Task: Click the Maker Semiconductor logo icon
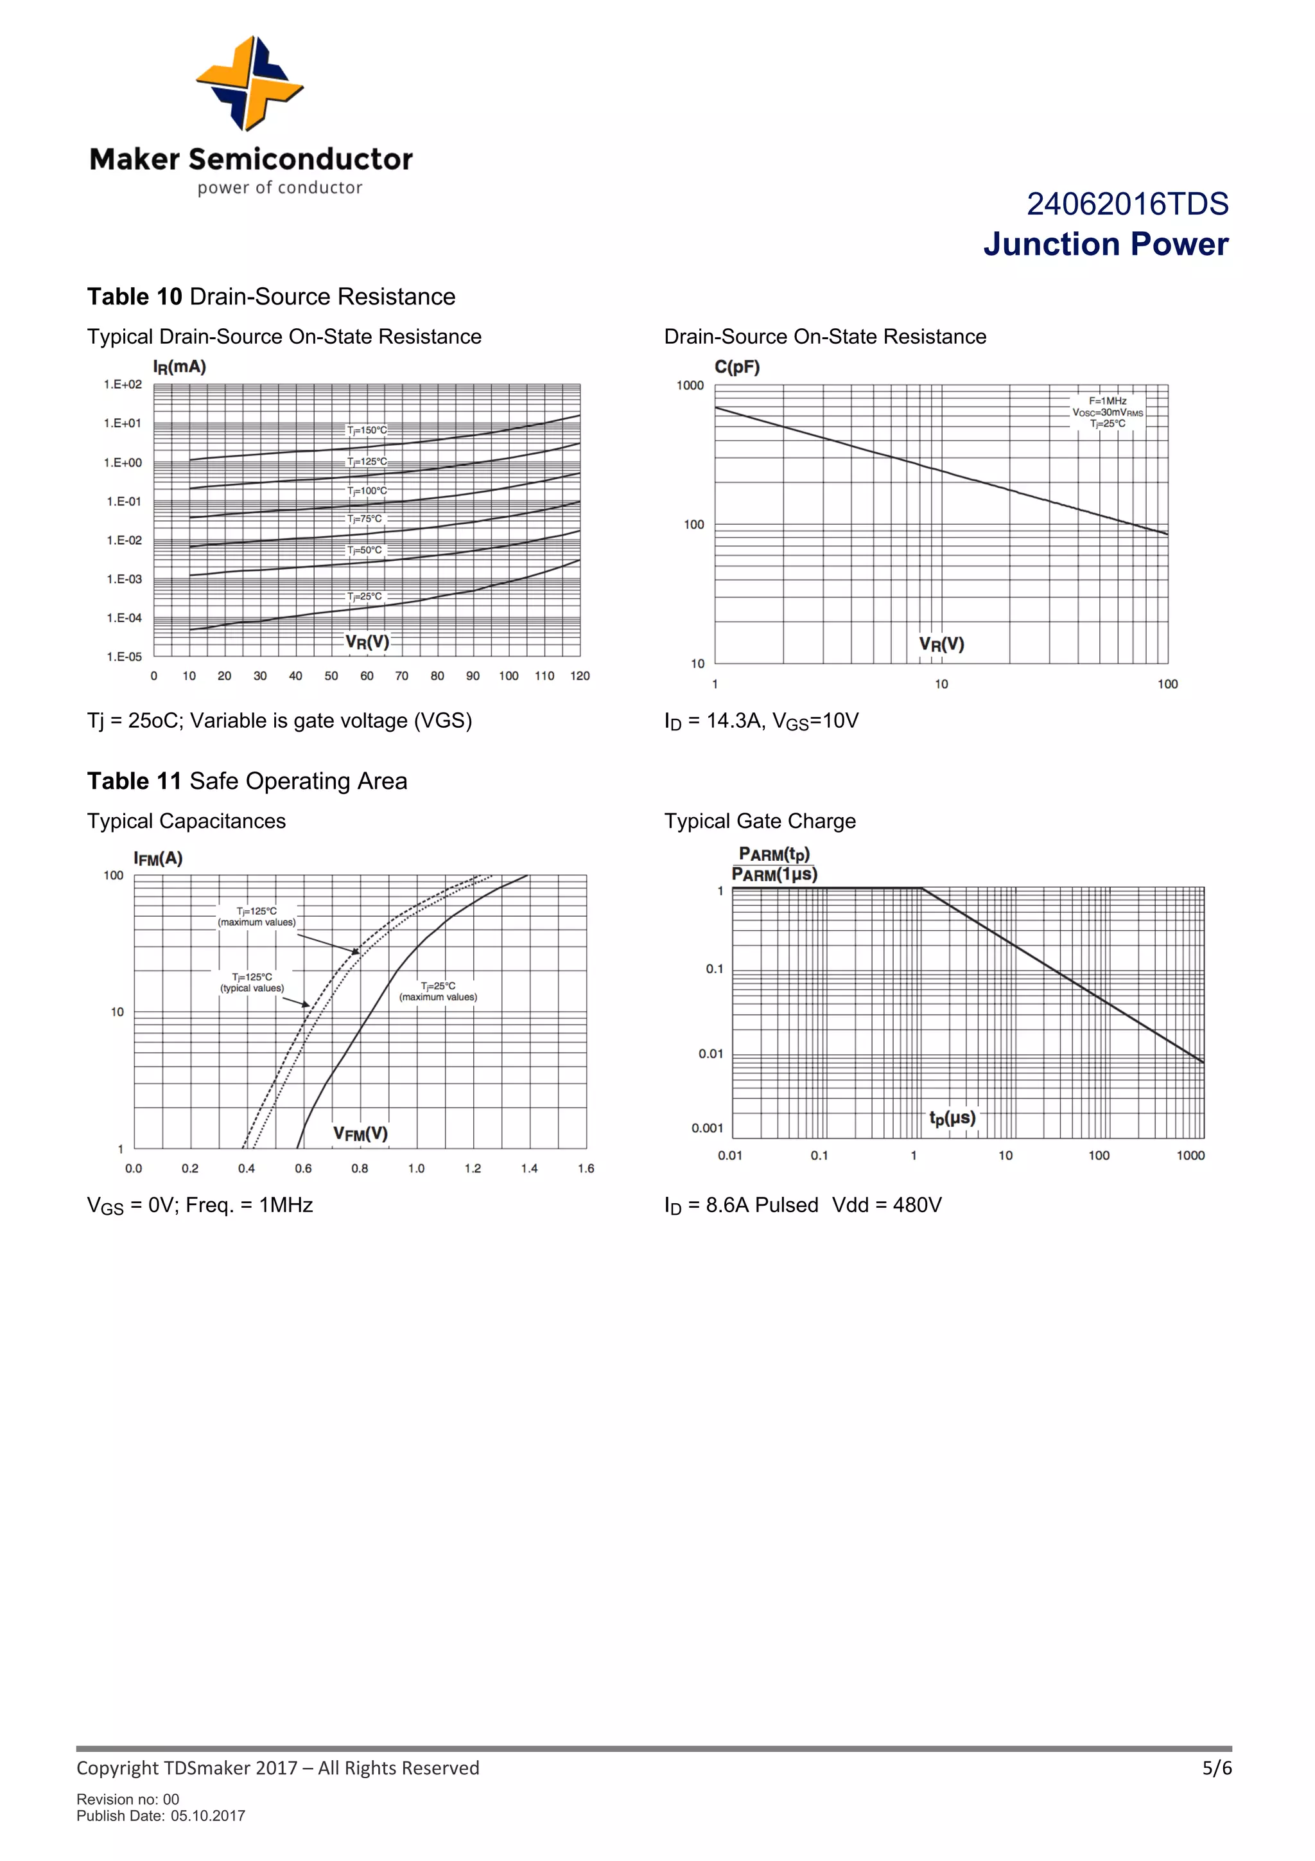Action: click(x=250, y=84)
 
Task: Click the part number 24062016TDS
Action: click(x=1127, y=204)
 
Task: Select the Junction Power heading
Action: click(x=1105, y=245)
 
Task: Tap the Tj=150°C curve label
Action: click(x=367, y=430)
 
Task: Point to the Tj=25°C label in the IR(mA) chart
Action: click(x=365, y=597)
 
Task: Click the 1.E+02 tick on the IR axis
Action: click(x=123, y=384)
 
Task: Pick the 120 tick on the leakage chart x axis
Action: click(x=579, y=676)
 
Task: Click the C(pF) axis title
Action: click(x=736, y=367)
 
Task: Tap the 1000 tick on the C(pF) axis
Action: click(x=690, y=386)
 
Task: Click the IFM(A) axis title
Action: click(x=158, y=858)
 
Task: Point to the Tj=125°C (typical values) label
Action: click(x=252, y=982)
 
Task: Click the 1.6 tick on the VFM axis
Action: click(x=586, y=1168)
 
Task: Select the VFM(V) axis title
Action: click(x=361, y=1133)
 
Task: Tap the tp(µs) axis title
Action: click(x=952, y=1118)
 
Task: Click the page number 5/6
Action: click(x=1216, y=1768)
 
